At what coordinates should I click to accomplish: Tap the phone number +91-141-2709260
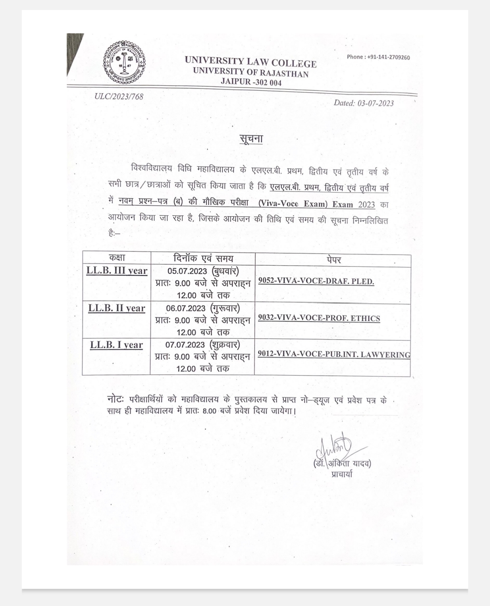click(x=378, y=57)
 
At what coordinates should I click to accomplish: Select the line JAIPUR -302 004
click(x=251, y=82)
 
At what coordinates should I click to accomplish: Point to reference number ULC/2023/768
click(x=119, y=96)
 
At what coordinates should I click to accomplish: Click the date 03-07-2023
click(x=364, y=103)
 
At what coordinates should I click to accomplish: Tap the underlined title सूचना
click(x=251, y=139)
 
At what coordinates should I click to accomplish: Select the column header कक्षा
click(x=117, y=258)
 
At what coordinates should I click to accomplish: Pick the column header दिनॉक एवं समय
click(x=203, y=258)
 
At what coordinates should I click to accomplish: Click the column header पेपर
click(x=333, y=260)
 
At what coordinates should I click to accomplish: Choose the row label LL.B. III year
click(x=117, y=271)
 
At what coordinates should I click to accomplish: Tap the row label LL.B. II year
click(x=117, y=308)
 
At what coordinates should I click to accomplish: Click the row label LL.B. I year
click(x=117, y=345)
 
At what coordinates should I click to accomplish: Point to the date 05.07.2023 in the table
click(x=187, y=271)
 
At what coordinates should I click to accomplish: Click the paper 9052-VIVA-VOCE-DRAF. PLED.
click(x=316, y=281)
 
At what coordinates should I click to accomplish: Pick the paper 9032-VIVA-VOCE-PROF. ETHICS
click(x=319, y=318)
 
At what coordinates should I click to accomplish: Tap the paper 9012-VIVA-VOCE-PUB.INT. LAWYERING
click(x=333, y=354)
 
